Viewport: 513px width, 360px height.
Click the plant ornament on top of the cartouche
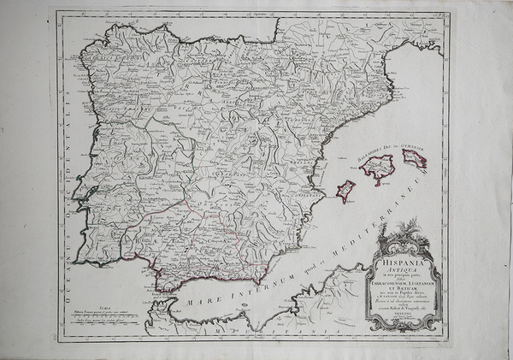(x=410, y=229)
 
